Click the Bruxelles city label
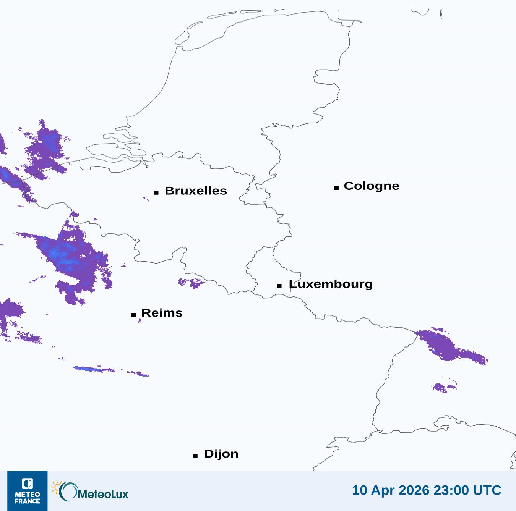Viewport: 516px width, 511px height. point(196,191)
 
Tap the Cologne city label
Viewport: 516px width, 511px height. point(372,186)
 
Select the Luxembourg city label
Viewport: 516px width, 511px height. point(331,284)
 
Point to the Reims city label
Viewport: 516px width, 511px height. point(162,313)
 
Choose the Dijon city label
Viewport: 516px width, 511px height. point(221,454)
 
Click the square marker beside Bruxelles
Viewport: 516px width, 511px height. point(156,192)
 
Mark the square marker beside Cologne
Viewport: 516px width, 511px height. point(336,188)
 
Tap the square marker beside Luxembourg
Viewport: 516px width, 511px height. point(279,285)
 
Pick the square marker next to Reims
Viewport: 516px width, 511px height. point(133,315)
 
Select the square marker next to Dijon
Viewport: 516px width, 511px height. point(195,456)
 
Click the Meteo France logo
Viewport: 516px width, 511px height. point(28,491)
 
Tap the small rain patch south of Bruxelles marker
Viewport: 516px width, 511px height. point(146,199)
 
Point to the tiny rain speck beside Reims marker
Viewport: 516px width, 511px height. point(140,320)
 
